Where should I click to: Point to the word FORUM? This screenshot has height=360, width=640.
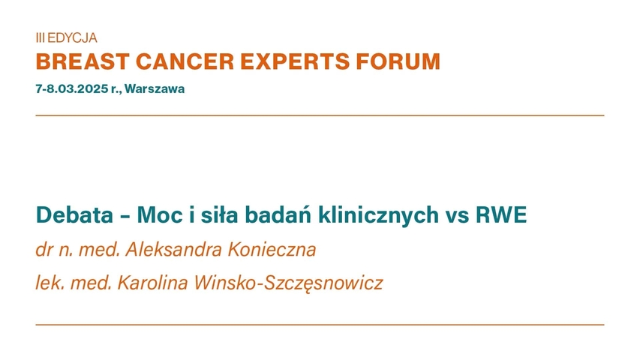tap(405, 61)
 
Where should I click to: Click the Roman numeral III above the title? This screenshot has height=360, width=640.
tap(40, 37)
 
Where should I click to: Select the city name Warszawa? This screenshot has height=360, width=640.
tap(155, 88)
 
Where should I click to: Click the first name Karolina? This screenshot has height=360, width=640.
tap(143, 284)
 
